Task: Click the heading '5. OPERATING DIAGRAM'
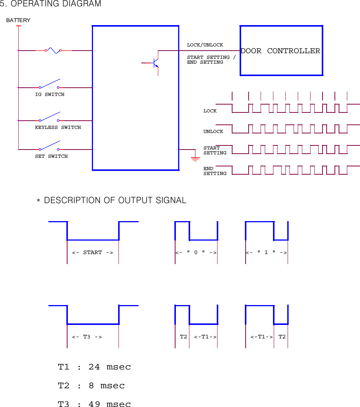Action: (51, 4)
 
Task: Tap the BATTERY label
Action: (18, 20)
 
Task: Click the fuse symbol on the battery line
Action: (53, 50)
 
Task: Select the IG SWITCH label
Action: (49, 94)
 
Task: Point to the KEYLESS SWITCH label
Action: (58, 127)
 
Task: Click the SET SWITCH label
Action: (51, 156)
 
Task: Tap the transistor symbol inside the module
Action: (155, 63)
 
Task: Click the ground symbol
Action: (195, 158)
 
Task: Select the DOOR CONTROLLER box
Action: (281, 51)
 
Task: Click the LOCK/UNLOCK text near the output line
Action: (205, 45)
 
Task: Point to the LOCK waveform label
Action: (210, 111)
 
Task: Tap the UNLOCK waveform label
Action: (213, 132)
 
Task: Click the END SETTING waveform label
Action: (214, 171)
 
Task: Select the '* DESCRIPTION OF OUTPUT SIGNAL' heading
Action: (111, 201)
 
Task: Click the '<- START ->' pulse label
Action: (92, 253)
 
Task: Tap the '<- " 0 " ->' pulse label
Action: (196, 253)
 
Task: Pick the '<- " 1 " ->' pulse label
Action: (266, 253)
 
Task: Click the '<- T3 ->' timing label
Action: (87, 337)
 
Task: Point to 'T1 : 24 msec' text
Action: (94, 367)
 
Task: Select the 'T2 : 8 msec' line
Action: (91, 386)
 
